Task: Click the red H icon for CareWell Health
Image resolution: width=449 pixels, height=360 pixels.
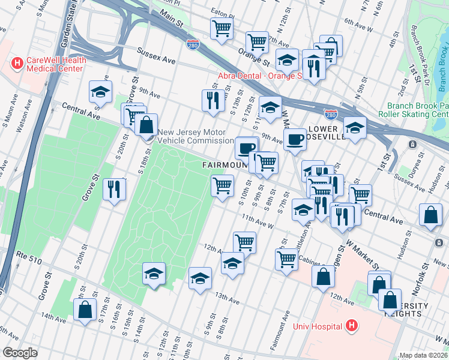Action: point(17,62)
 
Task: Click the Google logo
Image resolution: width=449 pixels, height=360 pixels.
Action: point(20,353)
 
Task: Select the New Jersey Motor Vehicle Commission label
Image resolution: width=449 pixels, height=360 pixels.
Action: point(195,136)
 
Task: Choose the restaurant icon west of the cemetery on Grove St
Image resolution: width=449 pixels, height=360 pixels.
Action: point(113,189)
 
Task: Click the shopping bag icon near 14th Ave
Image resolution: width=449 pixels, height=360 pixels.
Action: point(85,310)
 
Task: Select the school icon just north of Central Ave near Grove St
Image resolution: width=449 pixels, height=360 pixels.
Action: point(100,92)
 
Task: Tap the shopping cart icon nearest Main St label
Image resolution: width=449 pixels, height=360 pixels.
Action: point(221,28)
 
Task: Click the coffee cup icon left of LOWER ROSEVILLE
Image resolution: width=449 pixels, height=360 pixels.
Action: point(294,139)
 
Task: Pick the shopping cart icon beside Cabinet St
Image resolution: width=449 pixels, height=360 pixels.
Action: point(286,259)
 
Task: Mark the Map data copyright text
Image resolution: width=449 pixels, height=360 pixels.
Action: point(424,355)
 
